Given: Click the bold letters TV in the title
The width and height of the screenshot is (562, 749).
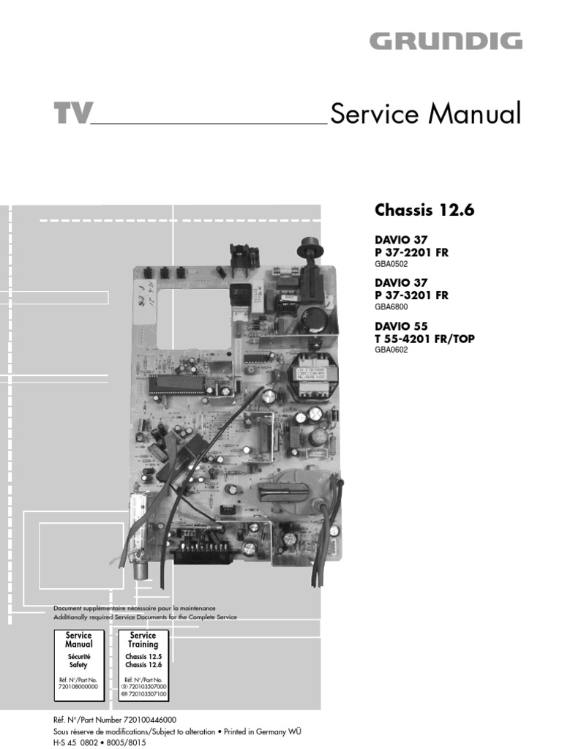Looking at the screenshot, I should click(72, 115).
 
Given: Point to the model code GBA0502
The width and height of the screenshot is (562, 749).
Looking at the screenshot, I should click(391, 264).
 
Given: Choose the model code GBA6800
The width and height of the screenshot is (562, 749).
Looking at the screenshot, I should click(391, 307).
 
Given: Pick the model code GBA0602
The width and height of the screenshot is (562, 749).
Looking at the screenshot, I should click(391, 350).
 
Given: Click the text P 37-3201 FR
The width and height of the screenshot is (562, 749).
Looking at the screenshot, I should click(411, 296).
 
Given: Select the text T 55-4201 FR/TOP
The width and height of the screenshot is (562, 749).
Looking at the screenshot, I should click(426, 338).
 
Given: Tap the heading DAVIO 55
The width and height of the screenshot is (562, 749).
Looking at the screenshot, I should click(400, 325).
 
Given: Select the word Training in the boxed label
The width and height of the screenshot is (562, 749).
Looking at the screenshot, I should click(143, 644).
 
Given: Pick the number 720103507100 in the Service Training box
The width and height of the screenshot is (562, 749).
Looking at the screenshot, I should click(146, 694).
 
